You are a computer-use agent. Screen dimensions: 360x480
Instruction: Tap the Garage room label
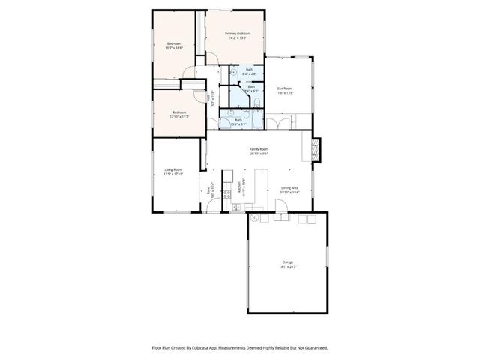[288, 262]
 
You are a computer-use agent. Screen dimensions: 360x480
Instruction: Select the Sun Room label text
[284, 88]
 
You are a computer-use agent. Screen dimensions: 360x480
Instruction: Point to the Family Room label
[259, 149]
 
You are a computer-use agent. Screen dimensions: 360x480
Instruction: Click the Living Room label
[173, 169]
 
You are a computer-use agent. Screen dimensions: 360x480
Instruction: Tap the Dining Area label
[290, 188]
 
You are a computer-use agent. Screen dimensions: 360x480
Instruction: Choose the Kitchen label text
[240, 188]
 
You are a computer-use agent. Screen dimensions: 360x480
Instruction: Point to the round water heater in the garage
[255, 218]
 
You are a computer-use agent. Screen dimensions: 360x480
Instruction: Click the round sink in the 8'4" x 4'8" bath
[234, 73]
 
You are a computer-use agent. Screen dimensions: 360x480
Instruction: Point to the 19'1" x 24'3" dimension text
[288, 266]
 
